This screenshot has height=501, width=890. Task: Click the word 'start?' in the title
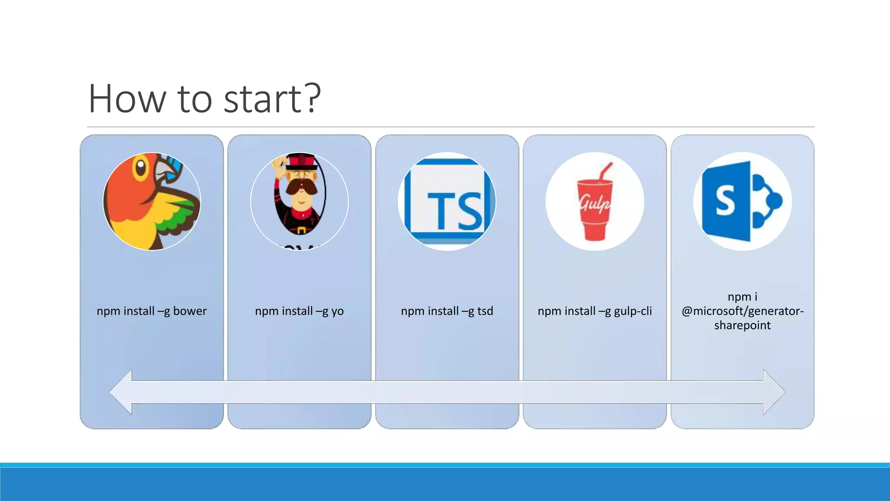272,99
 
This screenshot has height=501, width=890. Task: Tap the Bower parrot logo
152,201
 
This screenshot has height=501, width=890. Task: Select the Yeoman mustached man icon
299,201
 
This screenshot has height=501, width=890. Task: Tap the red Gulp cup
594,209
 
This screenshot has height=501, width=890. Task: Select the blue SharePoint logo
742,201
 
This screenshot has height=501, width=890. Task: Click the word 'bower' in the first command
190,311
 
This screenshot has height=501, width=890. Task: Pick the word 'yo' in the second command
337,311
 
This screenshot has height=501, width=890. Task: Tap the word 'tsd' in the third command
485,311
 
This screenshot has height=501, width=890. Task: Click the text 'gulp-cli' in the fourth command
633,311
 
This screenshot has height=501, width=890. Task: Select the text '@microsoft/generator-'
742,311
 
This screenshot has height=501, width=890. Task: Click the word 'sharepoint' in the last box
742,325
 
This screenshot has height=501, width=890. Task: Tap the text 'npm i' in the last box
742,297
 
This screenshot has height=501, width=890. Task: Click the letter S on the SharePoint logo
725,201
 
